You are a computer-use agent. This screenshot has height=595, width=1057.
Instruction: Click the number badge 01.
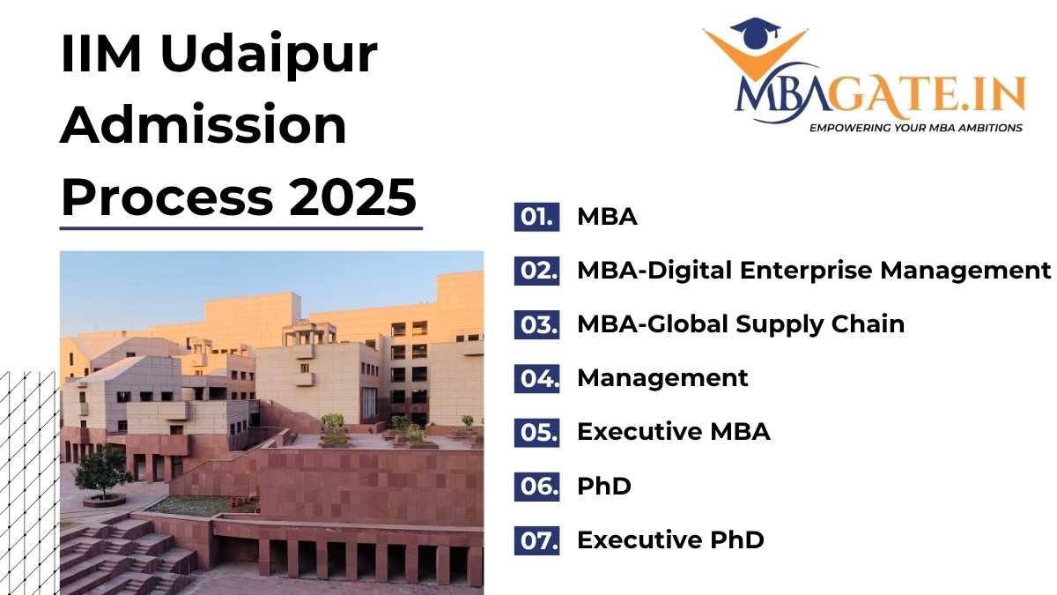pyautogui.click(x=537, y=217)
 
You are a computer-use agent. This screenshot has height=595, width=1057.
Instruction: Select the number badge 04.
pyautogui.click(x=537, y=378)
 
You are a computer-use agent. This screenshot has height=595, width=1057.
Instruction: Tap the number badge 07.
pyautogui.click(x=537, y=540)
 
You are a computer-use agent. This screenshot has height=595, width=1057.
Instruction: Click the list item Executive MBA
pyautogui.click(x=673, y=432)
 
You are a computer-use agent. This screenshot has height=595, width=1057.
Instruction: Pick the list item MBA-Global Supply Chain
pyautogui.click(x=741, y=325)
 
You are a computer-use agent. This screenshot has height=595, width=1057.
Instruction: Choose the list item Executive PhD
pyautogui.click(x=670, y=539)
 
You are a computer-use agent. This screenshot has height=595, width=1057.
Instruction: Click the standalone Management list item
pyautogui.click(x=662, y=378)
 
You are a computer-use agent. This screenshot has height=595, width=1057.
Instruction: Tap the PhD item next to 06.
pyautogui.click(x=604, y=486)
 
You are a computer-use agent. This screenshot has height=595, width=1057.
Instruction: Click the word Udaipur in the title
pyautogui.click(x=269, y=53)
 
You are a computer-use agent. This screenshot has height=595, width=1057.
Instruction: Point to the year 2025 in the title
pyautogui.click(x=352, y=197)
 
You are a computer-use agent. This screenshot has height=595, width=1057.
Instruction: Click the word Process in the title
pyautogui.click(x=167, y=197)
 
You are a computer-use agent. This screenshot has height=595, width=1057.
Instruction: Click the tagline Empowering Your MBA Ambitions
pyautogui.click(x=916, y=128)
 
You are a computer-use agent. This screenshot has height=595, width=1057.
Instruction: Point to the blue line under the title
pyautogui.click(x=241, y=228)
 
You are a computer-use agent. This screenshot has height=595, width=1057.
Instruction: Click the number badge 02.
pyautogui.click(x=537, y=271)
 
